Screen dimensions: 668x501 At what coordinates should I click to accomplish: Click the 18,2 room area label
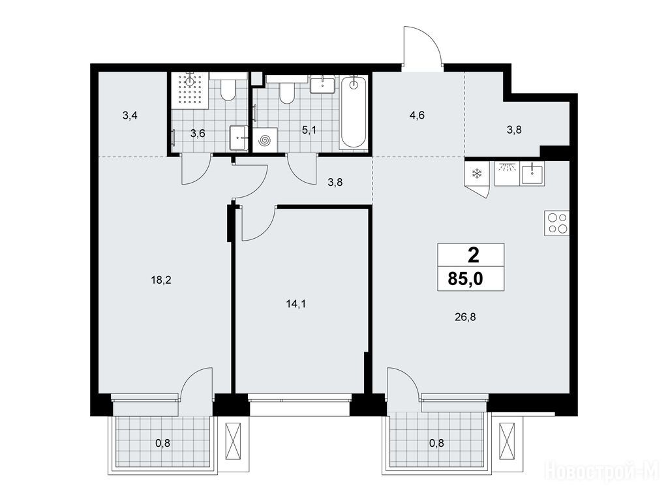161,280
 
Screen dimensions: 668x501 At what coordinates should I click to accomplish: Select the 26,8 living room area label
465,317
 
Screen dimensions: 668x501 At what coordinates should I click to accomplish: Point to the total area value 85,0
465,279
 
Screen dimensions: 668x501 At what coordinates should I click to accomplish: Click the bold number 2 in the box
474,256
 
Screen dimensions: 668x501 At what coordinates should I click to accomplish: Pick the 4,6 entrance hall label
417,115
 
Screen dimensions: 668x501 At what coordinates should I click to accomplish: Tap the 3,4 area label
130,115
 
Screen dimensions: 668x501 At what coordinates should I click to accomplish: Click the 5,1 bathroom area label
309,130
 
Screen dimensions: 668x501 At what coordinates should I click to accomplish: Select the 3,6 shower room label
198,134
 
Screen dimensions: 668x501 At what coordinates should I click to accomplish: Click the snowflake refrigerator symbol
477,174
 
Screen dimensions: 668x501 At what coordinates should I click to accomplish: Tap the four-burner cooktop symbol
557,223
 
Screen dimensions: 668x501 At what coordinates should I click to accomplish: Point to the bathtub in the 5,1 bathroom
353,113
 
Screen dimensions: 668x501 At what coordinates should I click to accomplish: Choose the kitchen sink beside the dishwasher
532,174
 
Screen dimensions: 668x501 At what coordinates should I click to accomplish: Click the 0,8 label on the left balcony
162,444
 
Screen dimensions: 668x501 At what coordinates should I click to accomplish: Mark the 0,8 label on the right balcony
436,444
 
